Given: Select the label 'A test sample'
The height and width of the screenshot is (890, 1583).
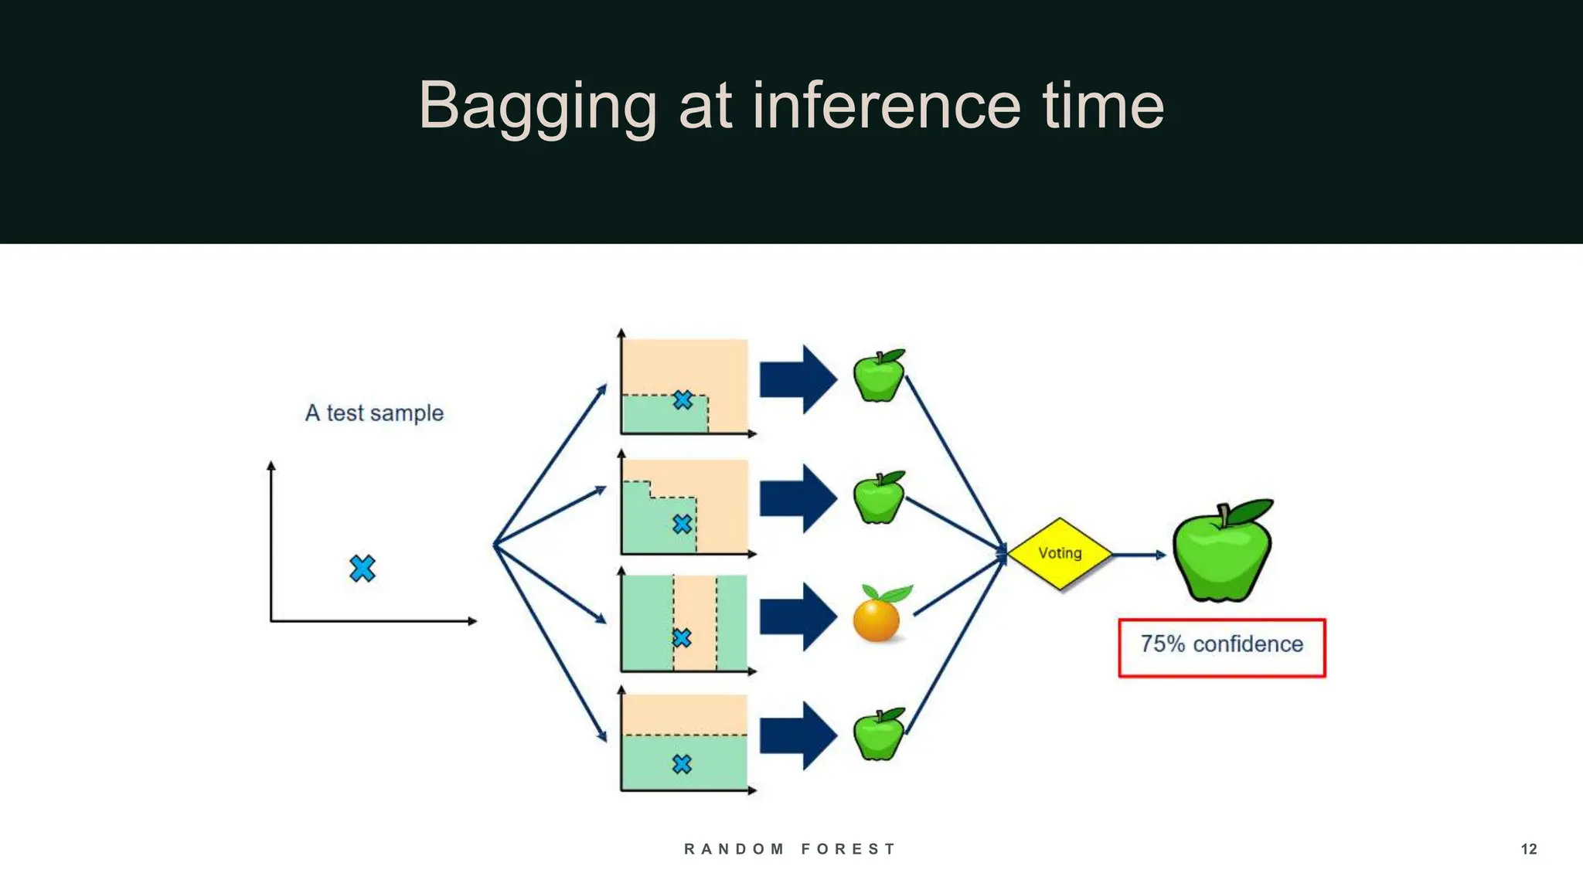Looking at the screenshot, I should pyautogui.click(x=374, y=413).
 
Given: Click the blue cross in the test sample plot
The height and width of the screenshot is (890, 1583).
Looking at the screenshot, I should pyautogui.click(x=362, y=569).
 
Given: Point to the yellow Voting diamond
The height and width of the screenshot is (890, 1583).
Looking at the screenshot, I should pyautogui.click(x=1060, y=554).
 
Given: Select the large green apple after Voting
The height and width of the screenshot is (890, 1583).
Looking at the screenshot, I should pyautogui.click(x=1222, y=552).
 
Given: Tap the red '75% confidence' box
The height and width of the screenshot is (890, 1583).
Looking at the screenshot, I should pyautogui.click(x=1221, y=647).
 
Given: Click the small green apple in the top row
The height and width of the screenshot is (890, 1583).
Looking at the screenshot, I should pyautogui.click(x=879, y=376).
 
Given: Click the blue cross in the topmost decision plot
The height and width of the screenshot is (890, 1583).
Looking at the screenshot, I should pyautogui.click(x=682, y=400).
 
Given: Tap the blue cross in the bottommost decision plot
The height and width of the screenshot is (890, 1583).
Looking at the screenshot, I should pyautogui.click(x=682, y=764).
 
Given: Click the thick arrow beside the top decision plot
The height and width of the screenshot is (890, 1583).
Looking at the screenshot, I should pyautogui.click(x=797, y=379).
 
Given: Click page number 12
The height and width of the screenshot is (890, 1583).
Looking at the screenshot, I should pyautogui.click(x=1528, y=849).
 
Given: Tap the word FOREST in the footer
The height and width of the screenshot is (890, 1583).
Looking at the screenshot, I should pyautogui.click(x=848, y=849).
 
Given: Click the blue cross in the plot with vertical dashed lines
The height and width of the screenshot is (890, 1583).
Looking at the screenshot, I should pyautogui.click(x=682, y=638).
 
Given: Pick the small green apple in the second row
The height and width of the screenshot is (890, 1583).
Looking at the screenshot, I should pyautogui.click(x=879, y=498).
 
